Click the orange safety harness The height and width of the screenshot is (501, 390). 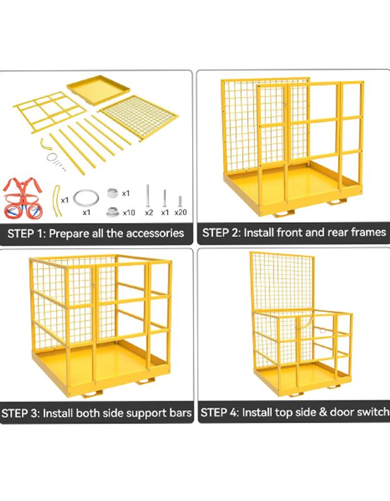point(23,198)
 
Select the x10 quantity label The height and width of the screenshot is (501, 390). point(129,212)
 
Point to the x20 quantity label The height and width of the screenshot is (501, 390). point(180,212)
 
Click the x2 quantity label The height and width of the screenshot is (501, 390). point(149,212)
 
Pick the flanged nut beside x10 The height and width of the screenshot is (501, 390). point(113,212)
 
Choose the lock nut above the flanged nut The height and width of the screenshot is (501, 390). point(113,193)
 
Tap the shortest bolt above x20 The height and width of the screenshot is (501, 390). point(180,201)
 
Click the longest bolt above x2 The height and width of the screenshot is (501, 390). point(148,195)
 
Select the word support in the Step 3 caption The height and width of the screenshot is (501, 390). point(145,413)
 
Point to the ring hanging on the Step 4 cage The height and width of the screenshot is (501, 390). point(322,330)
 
